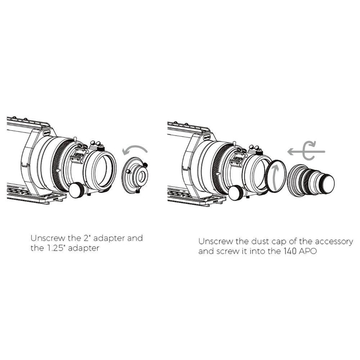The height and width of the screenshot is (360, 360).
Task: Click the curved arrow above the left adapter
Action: pos(135,147)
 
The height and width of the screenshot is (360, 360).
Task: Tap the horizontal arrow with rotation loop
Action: pos(306,152)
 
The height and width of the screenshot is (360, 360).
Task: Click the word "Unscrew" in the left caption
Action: pos(48,238)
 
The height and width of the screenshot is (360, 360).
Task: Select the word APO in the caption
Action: pos(308,251)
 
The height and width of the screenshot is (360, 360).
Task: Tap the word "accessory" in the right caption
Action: pos(333,242)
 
